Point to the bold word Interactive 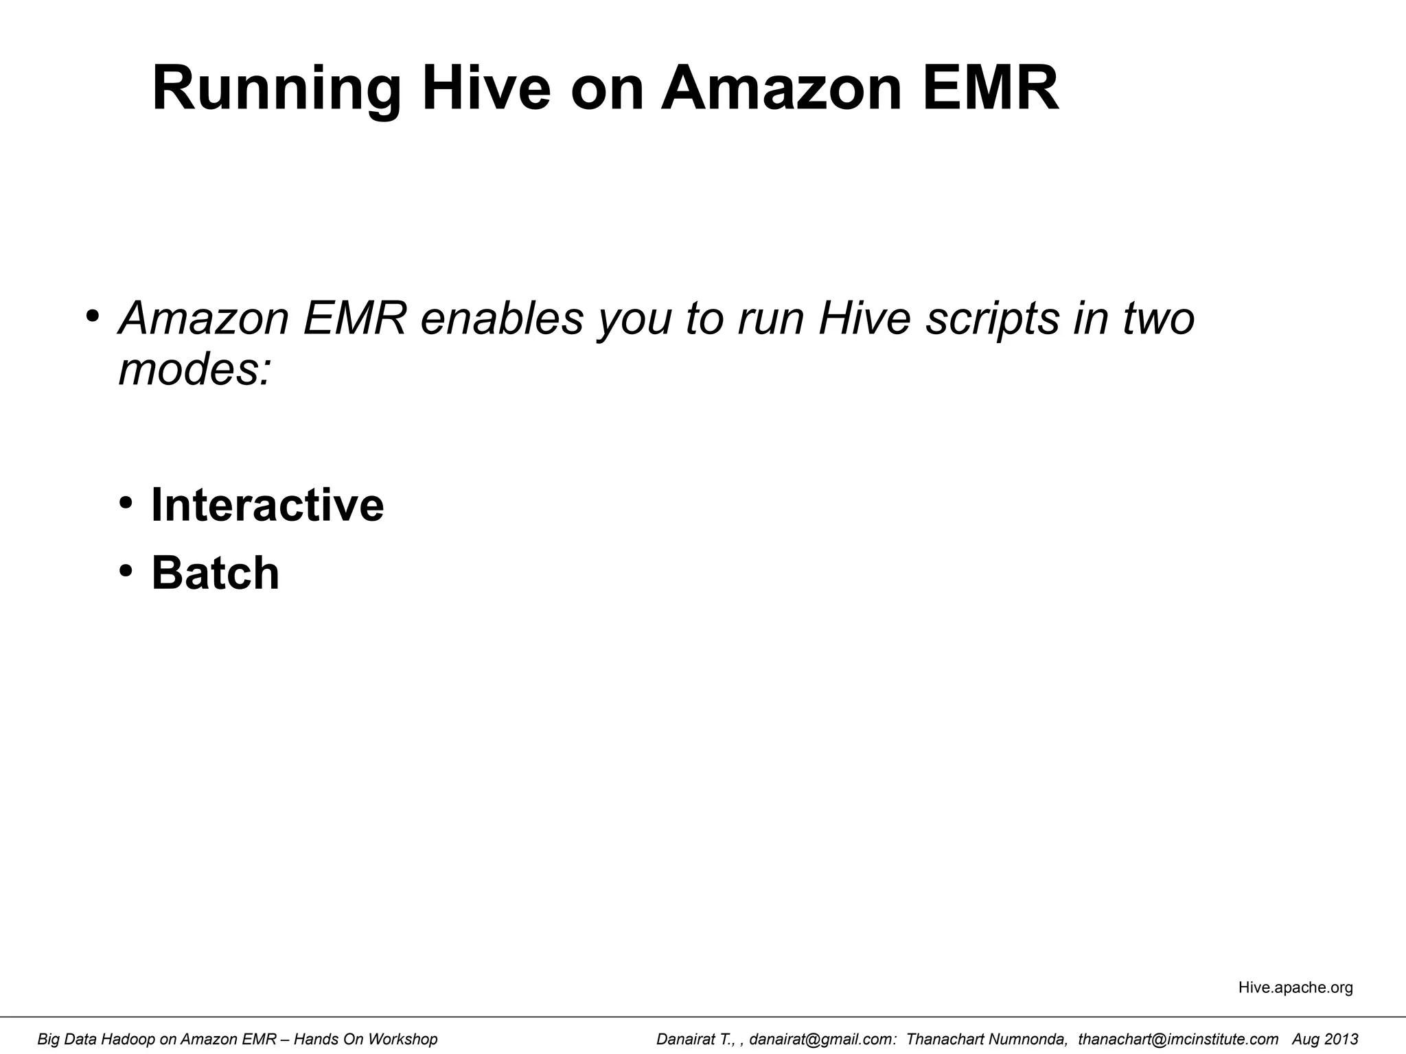(x=267, y=505)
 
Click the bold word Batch (x=215, y=573)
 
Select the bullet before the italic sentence (x=93, y=316)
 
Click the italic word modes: (x=195, y=370)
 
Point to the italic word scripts (x=992, y=320)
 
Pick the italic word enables (x=502, y=318)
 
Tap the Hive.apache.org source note (x=1295, y=987)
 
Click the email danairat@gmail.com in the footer (x=822, y=1040)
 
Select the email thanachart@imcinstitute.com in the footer (x=1178, y=1040)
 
